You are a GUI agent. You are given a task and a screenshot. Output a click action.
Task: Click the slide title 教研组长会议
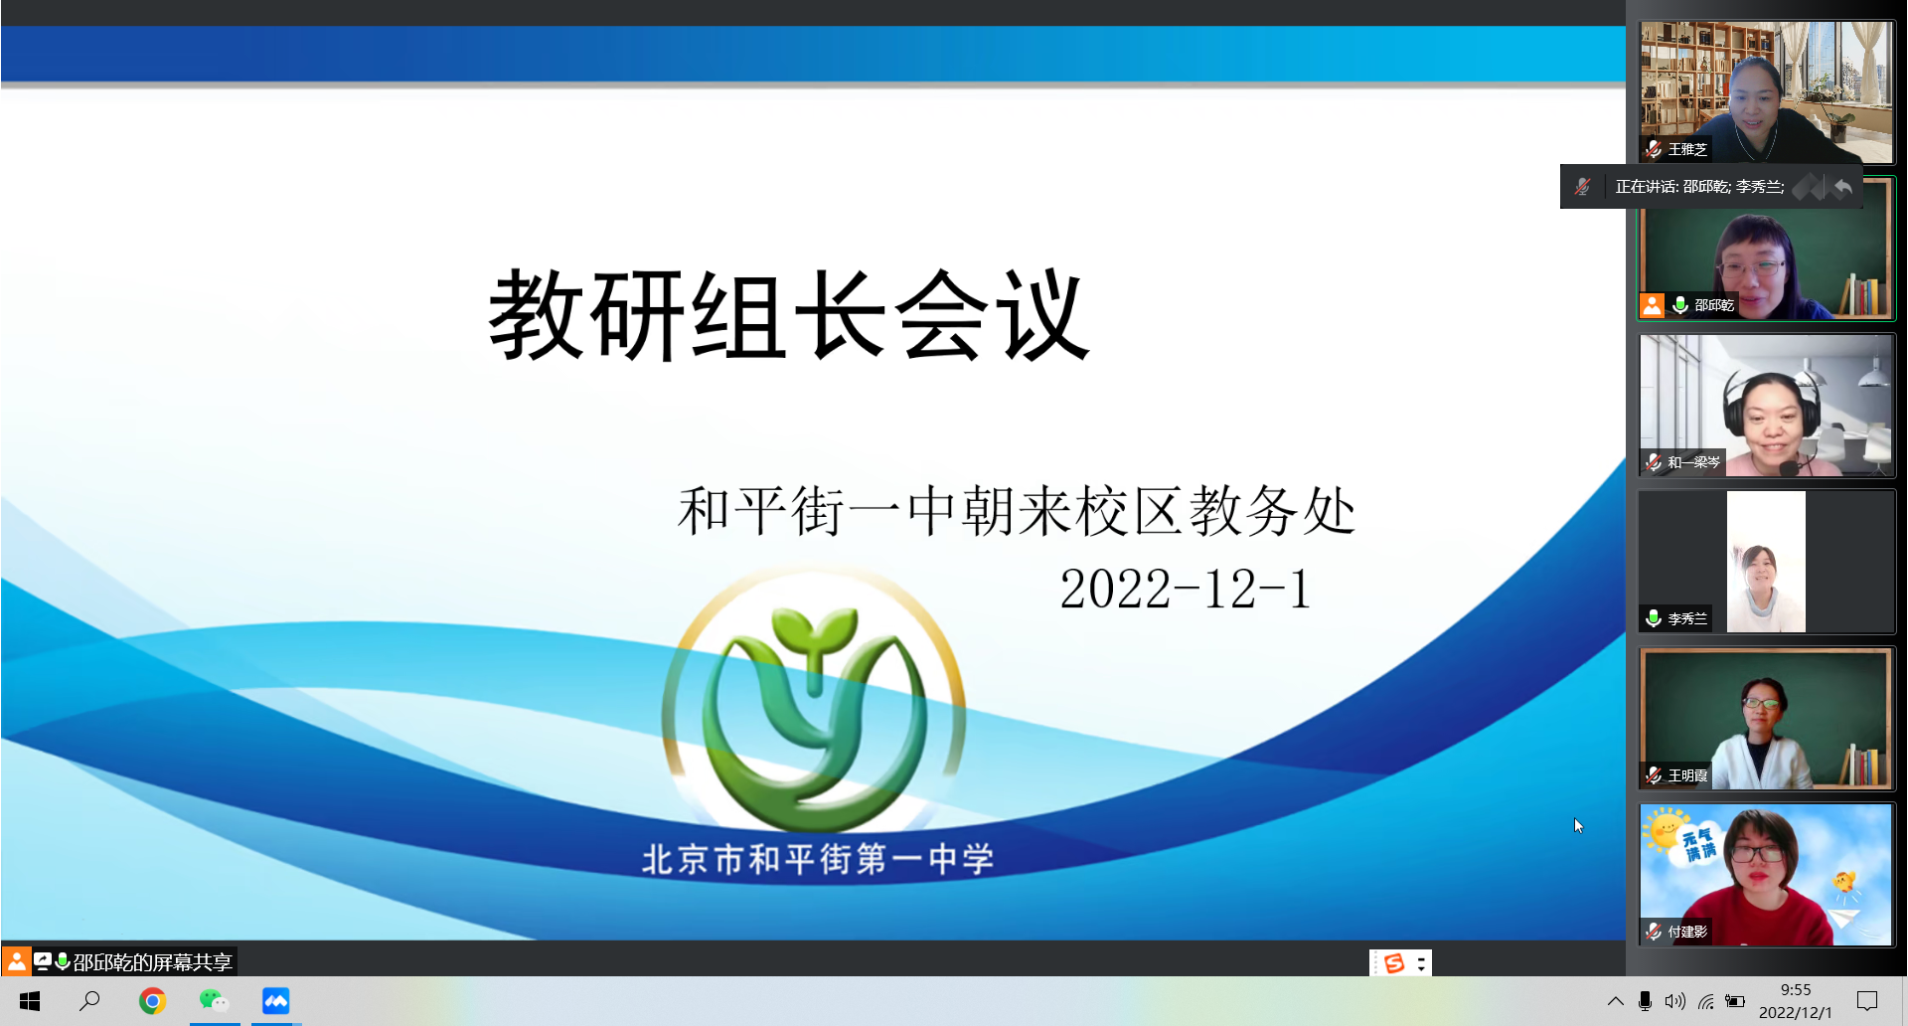(789, 315)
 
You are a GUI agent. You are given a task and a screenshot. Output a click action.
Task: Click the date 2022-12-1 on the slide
(1186, 589)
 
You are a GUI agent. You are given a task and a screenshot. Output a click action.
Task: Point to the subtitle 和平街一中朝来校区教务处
(1017, 511)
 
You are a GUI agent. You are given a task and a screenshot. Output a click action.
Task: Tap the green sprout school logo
(814, 702)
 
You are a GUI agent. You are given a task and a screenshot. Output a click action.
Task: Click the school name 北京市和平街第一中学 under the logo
(817, 859)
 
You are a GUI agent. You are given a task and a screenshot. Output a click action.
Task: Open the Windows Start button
(30, 1001)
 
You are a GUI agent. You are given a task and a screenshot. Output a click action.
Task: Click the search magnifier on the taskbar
(89, 1000)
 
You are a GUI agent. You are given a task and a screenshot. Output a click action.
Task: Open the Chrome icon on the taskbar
(152, 1001)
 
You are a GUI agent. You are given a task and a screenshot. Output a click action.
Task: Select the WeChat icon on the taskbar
(214, 1001)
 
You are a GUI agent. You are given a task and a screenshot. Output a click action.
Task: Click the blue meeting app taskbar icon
(275, 1001)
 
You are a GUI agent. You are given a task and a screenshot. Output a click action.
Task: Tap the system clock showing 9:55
(1796, 990)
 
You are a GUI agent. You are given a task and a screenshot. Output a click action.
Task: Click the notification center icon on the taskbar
(1867, 1001)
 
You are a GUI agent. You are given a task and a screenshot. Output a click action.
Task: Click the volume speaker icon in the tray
(1674, 1001)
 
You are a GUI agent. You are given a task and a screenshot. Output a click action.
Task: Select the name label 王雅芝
(1687, 149)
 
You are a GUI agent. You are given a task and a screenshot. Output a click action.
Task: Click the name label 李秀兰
(1687, 618)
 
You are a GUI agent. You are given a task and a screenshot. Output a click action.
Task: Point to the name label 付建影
(1687, 932)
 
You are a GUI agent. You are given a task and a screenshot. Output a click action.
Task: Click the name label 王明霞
(1687, 775)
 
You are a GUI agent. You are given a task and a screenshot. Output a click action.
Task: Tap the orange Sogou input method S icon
(1394, 963)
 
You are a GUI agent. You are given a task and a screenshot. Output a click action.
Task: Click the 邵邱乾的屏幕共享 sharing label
(152, 962)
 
